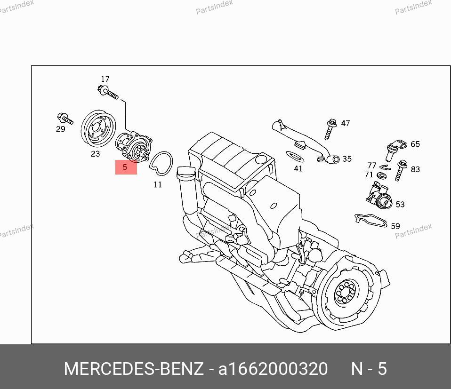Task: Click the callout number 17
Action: pyautogui.click(x=105, y=79)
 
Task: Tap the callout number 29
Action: pyautogui.click(x=60, y=129)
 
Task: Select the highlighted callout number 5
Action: pyautogui.click(x=125, y=167)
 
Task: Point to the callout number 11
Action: pyautogui.click(x=158, y=184)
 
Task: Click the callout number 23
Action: pyautogui.click(x=95, y=154)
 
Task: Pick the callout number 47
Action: pyautogui.click(x=345, y=123)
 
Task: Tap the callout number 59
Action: pyautogui.click(x=395, y=226)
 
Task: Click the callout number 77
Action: pyautogui.click(x=371, y=166)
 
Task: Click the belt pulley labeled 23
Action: pyautogui.click(x=98, y=128)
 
